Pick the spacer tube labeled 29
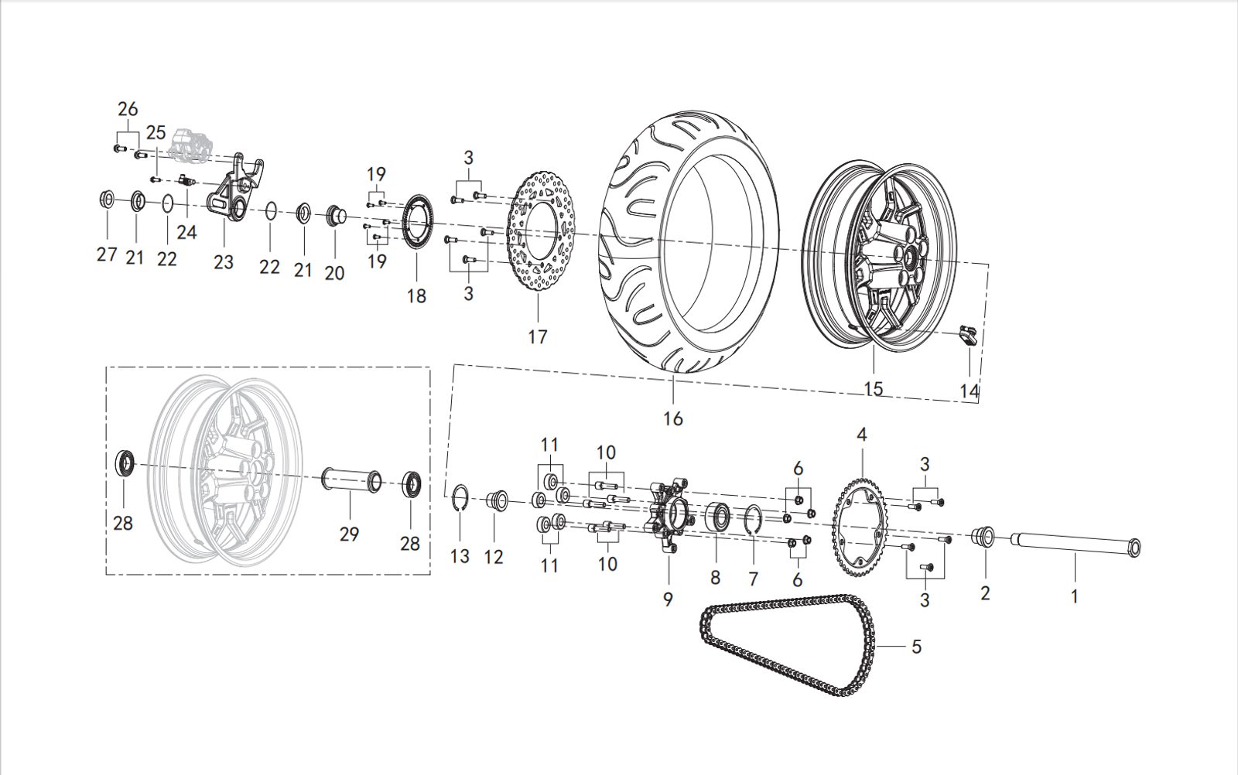[x=351, y=480]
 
